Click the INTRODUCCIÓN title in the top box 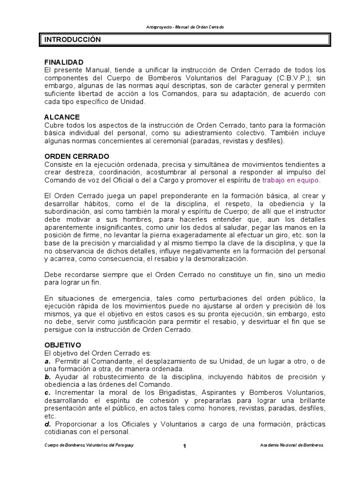pos(73,40)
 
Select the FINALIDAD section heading pos(64,62)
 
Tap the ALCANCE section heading pos(62,117)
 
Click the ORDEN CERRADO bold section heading pos(77,156)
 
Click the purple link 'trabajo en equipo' pos(291,180)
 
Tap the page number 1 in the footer pos(185,446)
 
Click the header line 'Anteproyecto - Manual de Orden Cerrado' pos(185,27)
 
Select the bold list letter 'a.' pos(47,361)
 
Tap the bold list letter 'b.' pos(47,377)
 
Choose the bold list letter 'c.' pos(47,392)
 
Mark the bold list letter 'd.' pos(47,424)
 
